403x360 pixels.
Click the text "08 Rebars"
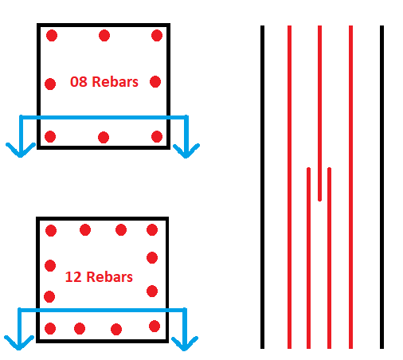click(x=104, y=82)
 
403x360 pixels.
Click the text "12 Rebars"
click(x=99, y=277)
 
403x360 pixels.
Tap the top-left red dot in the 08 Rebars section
click(x=52, y=36)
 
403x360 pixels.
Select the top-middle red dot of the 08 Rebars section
click(x=104, y=36)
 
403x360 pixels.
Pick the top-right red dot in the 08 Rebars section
click(x=157, y=36)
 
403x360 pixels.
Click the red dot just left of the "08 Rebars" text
click(x=50, y=84)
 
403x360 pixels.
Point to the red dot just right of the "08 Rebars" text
click(x=155, y=81)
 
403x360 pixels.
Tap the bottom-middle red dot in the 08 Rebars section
click(x=104, y=137)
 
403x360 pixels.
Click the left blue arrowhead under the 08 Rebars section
click(x=21, y=151)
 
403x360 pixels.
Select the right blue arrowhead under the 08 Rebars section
click(x=186, y=151)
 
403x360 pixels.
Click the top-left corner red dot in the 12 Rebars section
click(x=51, y=230)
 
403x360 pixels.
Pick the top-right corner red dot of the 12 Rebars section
click(x=152, y=229)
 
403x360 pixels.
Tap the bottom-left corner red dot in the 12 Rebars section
click(x=50, y=328)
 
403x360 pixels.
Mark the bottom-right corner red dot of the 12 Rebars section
click(x=155, y=327)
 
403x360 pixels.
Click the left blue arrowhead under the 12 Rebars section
click(x=19, y=343)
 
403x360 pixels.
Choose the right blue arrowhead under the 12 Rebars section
click(x=185, y=344)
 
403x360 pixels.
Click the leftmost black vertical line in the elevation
click(x=262, y=187)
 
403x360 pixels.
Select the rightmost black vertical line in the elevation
click(x=381, y=187)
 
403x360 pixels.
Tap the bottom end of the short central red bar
click(x=319, y=201)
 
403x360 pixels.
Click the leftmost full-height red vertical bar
click(x=289, y=187)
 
